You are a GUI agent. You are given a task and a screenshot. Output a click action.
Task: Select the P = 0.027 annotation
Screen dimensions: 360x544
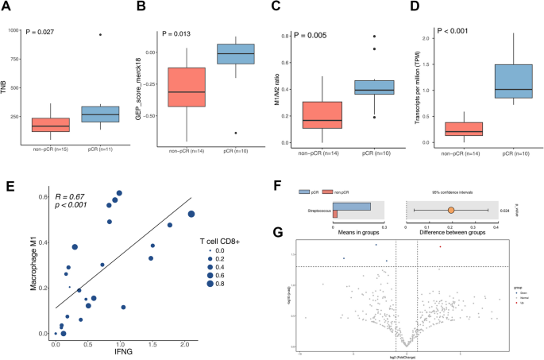pyautogui.click(x=51, y=33)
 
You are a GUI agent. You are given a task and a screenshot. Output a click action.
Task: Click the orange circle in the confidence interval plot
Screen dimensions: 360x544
pyautogui.click(x=451, y=210)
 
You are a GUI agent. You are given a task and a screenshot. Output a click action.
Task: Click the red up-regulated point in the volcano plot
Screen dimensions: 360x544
pyautogui.click(x=440, y=246)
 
